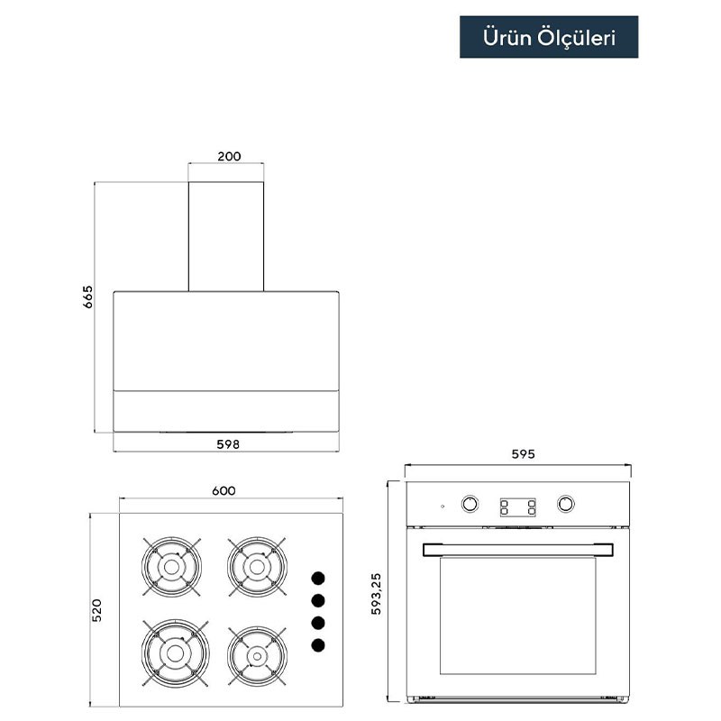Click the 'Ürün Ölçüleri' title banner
coord(549,37)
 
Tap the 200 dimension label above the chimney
coord(229,156)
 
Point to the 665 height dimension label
coord(87,297)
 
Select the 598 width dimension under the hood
coord(228,444)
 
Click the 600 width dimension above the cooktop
coord(224,490)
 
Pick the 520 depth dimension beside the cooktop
coord(96,610)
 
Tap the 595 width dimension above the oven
coord(524,454)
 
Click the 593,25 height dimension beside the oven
coord(376,594)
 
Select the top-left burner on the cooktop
coord(171,567)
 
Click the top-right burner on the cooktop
coord(257,567)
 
